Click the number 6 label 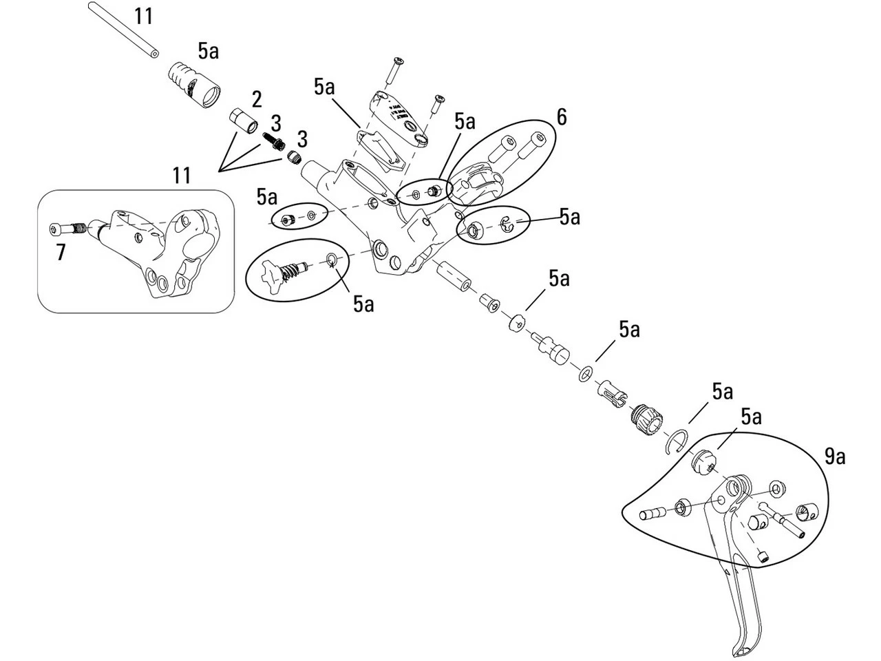(x=562, y=118)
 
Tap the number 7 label (x=61, y=253)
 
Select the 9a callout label (x=835, y=456)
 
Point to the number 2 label (x=257, y=99)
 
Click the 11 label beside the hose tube (x=143, y=15)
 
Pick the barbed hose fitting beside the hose (x=195, y=85)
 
